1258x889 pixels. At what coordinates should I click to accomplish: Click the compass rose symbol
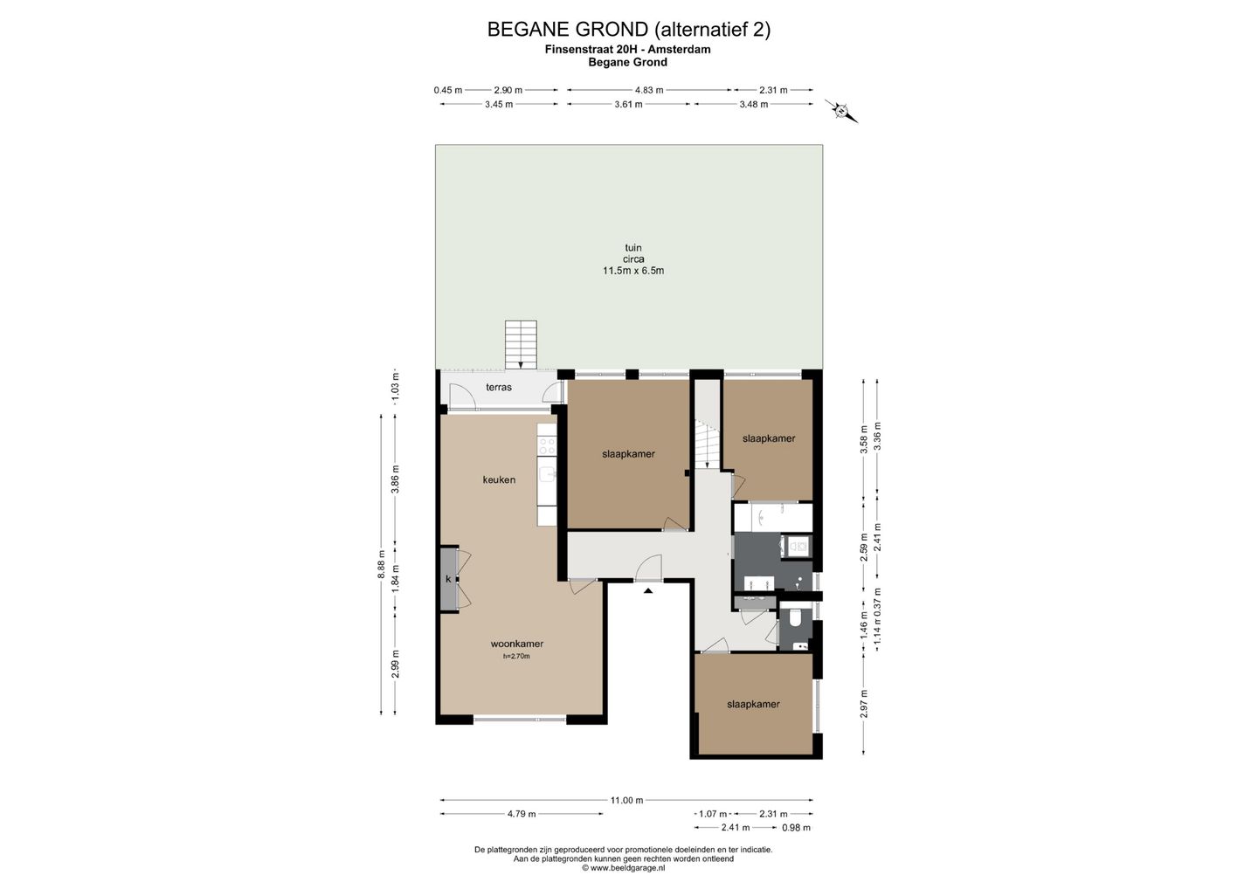[840, 111]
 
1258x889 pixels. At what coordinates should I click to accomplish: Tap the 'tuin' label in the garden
[632, 247]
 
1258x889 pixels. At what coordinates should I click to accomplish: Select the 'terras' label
[499, 387]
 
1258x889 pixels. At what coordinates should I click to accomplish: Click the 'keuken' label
[499, 479]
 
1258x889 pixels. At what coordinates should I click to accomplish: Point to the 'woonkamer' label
[516, 644]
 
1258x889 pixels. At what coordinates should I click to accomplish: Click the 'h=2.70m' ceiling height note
[516, 656]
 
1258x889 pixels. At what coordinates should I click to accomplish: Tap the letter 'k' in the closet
[448, 579]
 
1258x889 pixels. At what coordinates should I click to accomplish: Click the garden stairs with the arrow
[521, 345]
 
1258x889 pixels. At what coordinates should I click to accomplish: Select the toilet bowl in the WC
[795, 618]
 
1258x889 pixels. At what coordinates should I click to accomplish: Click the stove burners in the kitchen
[547, 446]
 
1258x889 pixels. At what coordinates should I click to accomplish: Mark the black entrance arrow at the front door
[648, 590]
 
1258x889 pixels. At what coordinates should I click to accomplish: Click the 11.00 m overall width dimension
[626, 800]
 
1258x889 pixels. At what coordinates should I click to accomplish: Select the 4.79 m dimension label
[522, 814]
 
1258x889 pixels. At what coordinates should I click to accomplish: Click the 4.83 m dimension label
[649, 90]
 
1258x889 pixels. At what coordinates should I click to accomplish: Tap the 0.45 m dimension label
[448, 90]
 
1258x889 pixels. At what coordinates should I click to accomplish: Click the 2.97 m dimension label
[864, 703]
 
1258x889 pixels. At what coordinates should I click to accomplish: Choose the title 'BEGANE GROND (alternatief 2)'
[628, 29]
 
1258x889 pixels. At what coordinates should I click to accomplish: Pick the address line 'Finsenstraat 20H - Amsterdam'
[628, 50]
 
